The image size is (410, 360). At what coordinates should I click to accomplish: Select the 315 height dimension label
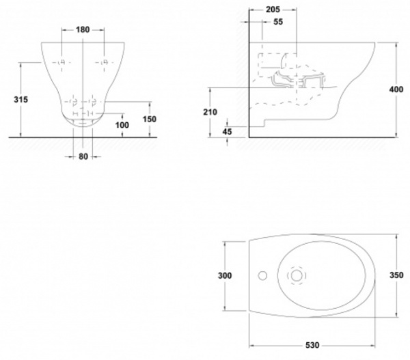tap(20, 99)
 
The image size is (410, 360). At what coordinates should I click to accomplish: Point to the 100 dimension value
tap(122, 125)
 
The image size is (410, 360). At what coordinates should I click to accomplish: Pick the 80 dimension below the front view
tap(83, 156)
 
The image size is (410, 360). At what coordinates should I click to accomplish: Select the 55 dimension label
tap(278, 23)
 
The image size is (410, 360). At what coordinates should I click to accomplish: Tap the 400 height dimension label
tap(402, 89)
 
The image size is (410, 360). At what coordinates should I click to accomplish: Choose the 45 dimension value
tap(228, 130)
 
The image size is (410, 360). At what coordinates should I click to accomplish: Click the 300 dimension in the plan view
tap(225, 276)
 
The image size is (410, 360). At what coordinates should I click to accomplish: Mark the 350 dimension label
tap(402, 276)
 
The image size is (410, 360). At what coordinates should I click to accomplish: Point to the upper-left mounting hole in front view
tap(62, 62)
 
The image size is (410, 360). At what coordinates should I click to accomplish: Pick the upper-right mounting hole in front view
tap(104, 62)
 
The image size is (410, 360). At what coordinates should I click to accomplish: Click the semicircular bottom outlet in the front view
tap(83, 122)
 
